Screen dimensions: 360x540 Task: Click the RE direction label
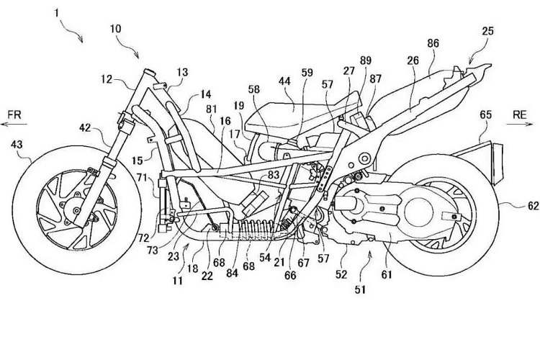[x=521, y=114]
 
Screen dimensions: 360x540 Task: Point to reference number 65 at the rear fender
[x=487, y=114]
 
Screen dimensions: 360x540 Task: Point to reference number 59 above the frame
[x=307, y=92]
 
